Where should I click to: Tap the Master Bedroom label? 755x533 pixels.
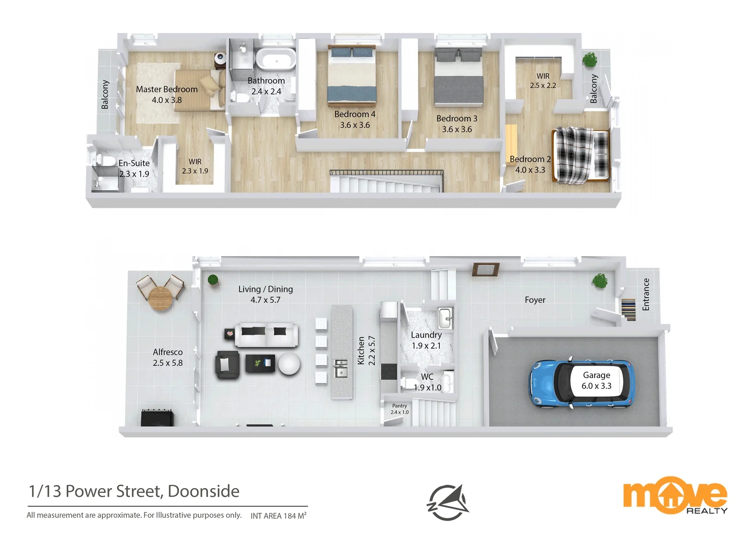tap(167, 89)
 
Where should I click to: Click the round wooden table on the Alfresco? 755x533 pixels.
tap(161, 298)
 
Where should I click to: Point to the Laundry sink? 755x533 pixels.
tap(445, 316)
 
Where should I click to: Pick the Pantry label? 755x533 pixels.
tap(399, 406)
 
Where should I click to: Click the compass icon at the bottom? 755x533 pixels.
tap(448, 502)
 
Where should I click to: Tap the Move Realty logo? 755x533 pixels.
tap(675, 495)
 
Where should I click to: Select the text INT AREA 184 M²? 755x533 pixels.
tap(278, 516)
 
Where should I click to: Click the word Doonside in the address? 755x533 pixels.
tap(204, 491)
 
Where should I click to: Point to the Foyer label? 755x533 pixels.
tap(535, 300)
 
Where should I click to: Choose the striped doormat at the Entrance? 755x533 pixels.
tap(628, 309)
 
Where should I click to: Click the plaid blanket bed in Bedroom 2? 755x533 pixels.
tap(581, 154)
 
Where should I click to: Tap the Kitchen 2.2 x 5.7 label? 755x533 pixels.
tap(366, 350)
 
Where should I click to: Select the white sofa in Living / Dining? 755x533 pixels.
tap(266, 335)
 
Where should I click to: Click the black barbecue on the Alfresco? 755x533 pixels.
tap(157, 417)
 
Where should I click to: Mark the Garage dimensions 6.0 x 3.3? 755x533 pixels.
tap(596, 386)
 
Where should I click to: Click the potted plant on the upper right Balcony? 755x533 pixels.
tap(589, 60)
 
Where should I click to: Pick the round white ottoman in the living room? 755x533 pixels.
tap(289, 364)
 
